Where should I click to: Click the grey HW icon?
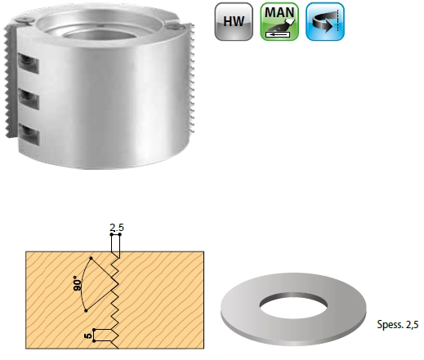(x=234, y=21)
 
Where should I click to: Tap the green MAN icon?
(x=279, y=21)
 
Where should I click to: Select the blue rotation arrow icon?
(x=325, y=21)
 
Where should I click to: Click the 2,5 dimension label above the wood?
(x=117, y=227)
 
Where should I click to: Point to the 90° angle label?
(x=78, y=283)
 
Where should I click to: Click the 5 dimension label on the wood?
(x=88, y=336)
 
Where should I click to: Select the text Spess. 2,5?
(x=398, y=324)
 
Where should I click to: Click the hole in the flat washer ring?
(x=293, y=305)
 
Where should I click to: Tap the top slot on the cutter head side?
(x=28, y=64)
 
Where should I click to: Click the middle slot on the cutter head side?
(x=29, y=99)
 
